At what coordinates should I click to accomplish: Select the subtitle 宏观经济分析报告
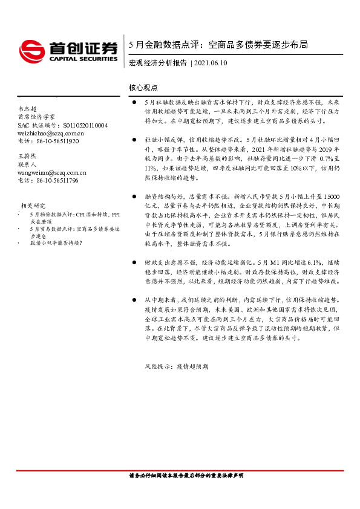pos(158,63)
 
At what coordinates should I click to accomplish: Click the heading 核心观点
pos(143,87)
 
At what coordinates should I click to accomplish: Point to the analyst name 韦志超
pos(28,108)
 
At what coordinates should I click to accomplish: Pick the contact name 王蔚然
pos(28,156)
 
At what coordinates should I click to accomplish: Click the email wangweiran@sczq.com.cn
pos(52,172)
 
